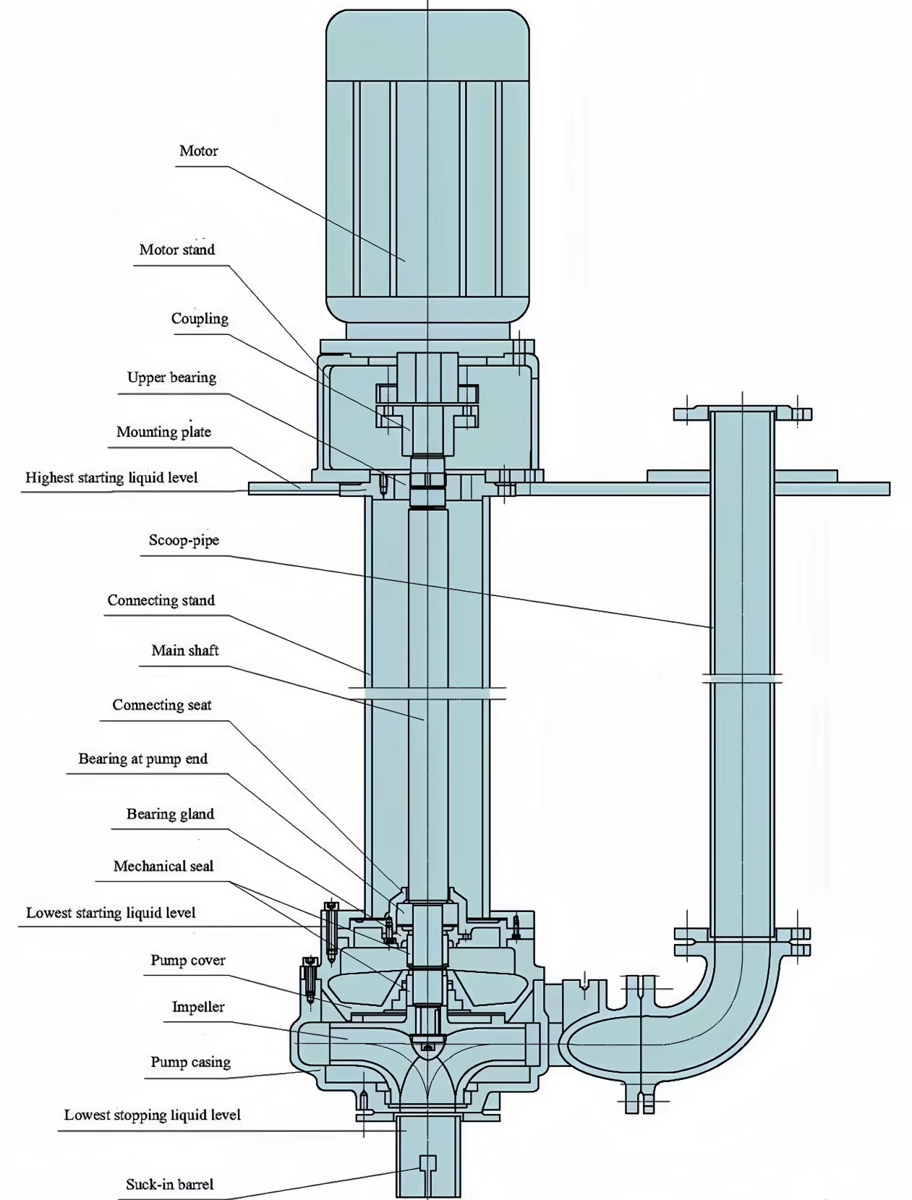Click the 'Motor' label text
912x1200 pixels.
pos(198,151)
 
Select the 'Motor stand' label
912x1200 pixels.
pos(177,250)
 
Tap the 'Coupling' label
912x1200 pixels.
pos(200,319)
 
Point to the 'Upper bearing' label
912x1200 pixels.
pos(171,378)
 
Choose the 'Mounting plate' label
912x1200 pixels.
pos(163,433)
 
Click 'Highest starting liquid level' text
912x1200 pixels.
pos(111,478)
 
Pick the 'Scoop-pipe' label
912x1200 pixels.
pos(184,540)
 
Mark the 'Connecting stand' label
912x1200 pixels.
pos(161,600)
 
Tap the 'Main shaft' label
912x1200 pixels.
pos(184,651)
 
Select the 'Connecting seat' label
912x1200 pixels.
pos(161,705)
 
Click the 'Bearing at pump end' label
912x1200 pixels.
pos(142,759)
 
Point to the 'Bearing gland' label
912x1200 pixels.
pos(170,814)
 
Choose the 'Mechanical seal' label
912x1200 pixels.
pos(163,867)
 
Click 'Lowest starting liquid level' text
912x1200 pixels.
pos(111,914)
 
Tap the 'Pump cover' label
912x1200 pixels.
pos(187,961)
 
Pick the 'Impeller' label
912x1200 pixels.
pos(197,1007)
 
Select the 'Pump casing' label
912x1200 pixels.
pos(190,1063)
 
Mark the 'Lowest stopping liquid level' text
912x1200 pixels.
pos(152,1115)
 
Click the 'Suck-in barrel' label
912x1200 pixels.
pos(169,1185)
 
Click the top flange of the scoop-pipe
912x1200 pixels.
pos(742,414)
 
